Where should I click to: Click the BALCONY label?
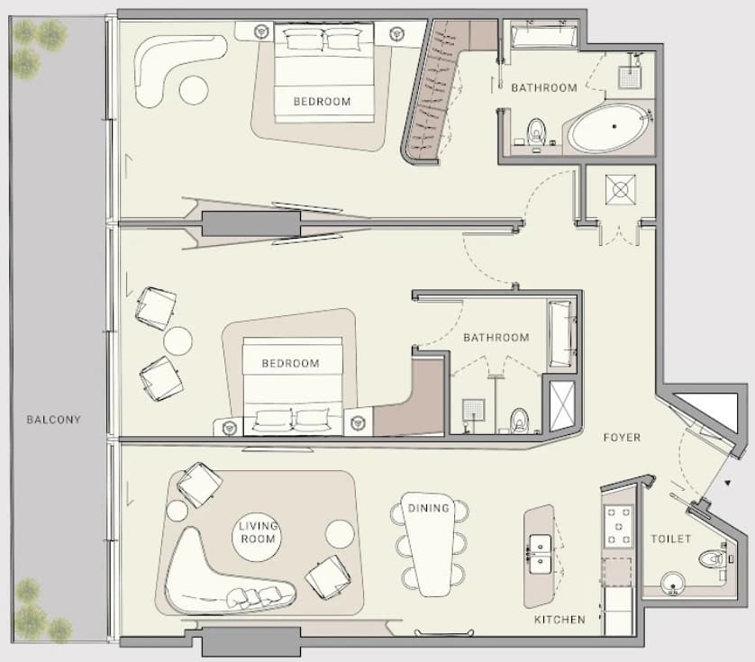pyautogui.click(x=53, y=420)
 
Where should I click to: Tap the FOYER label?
pyautogui.click(x=622, y=438)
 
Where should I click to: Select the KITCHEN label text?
pyautogui.click(x=560, y=620)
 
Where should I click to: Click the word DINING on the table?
pyautogui.click(x=429, y=508)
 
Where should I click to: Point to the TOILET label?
pyautogui.click(x=670, y=539)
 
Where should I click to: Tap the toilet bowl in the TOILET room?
pyautogui.click(x=712, y=559)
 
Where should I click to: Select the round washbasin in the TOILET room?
pyautogui.click(x=673, y=584)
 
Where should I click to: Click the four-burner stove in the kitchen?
pyautogui.click(x=619, y=526)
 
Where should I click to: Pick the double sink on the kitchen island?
pyautogui.click(x=541, y=554)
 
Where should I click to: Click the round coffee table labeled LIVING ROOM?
pyautogui.click(x=257, y=537)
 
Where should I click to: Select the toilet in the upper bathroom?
pyautogui.click(x=536, y=131)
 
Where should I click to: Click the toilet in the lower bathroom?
pyautogui.click(x=519, y=419)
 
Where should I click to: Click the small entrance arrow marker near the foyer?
pyautogui.click(x=728, y=482)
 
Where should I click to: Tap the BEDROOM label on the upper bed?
pyautogui.click(x=323, y=102)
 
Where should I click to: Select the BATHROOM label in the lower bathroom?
pyautogui.click(x=496, y=338)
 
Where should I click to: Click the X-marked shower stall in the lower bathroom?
pyautogui.click(x=562, y=405)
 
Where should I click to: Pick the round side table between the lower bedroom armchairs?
pyautogui.click(x=177, y=340)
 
